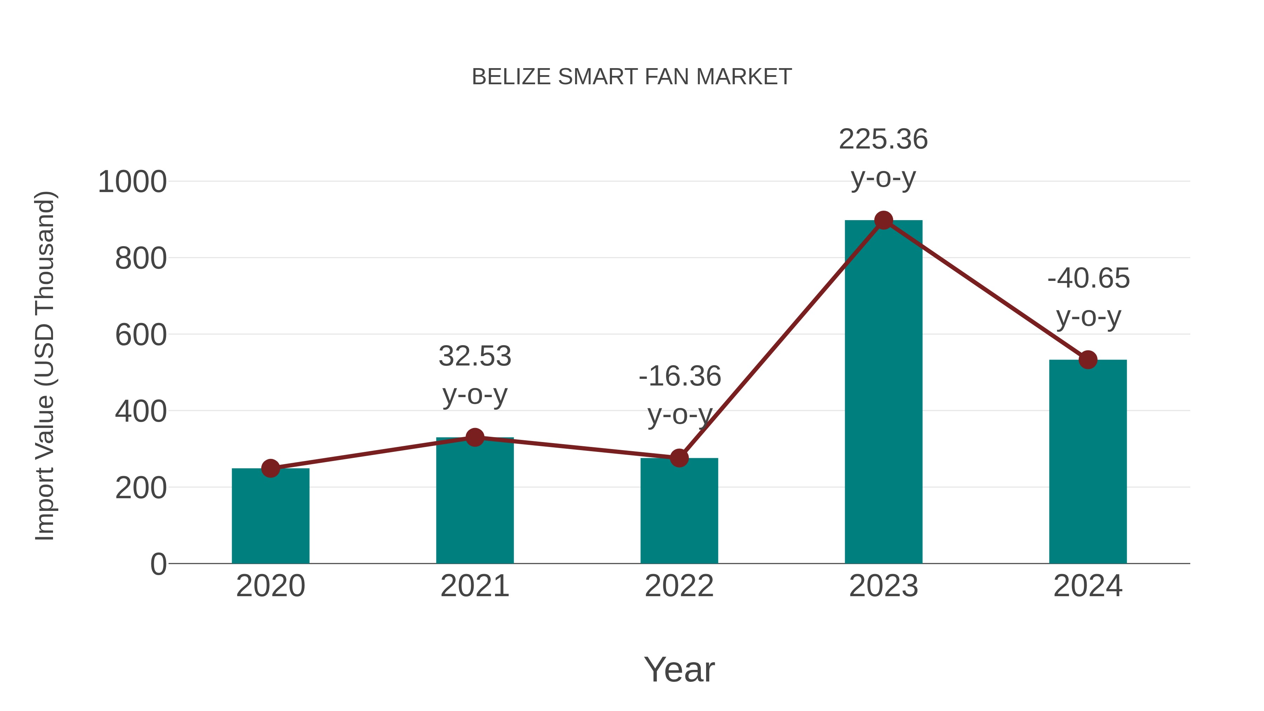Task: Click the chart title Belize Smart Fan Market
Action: pyautogui.click(x=632, y=77)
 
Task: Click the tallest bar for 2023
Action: pyautogui.click(x=883, y=393)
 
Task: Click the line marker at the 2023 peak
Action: pyautogui.click(x=883, y=220)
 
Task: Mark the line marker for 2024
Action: pyautogui.click(x=1088, y=360)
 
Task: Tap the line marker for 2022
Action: pyautogui.click(x=679, y=458)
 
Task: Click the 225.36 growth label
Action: pyautogui.click(x=883, y=139)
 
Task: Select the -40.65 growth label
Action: pyautogui.click(x=1088, y=279)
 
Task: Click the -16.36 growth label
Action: pyautogui.click(x=680, y=376)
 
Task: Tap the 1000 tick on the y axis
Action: pyautogui.click(x=132, y=182)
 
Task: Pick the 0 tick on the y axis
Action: pyautogui.click(x=158, y=564)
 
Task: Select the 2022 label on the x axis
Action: pyautogui.click(x=679, y=586)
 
